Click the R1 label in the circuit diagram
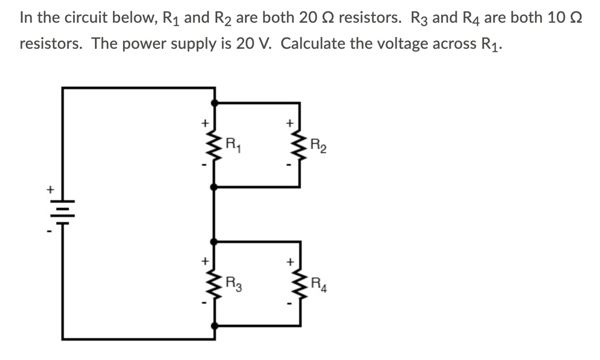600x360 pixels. tap(234, 142)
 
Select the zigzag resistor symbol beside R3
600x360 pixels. tap(215, 286)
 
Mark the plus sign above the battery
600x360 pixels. tap(51, 190)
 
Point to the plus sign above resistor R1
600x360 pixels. tap(204, 124)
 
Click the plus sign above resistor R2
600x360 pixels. tap(289, 124)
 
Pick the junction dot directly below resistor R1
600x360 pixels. tap(215, 186)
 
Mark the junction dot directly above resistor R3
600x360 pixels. tap(215, 241)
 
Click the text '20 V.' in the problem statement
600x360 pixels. tap(256, 45)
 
